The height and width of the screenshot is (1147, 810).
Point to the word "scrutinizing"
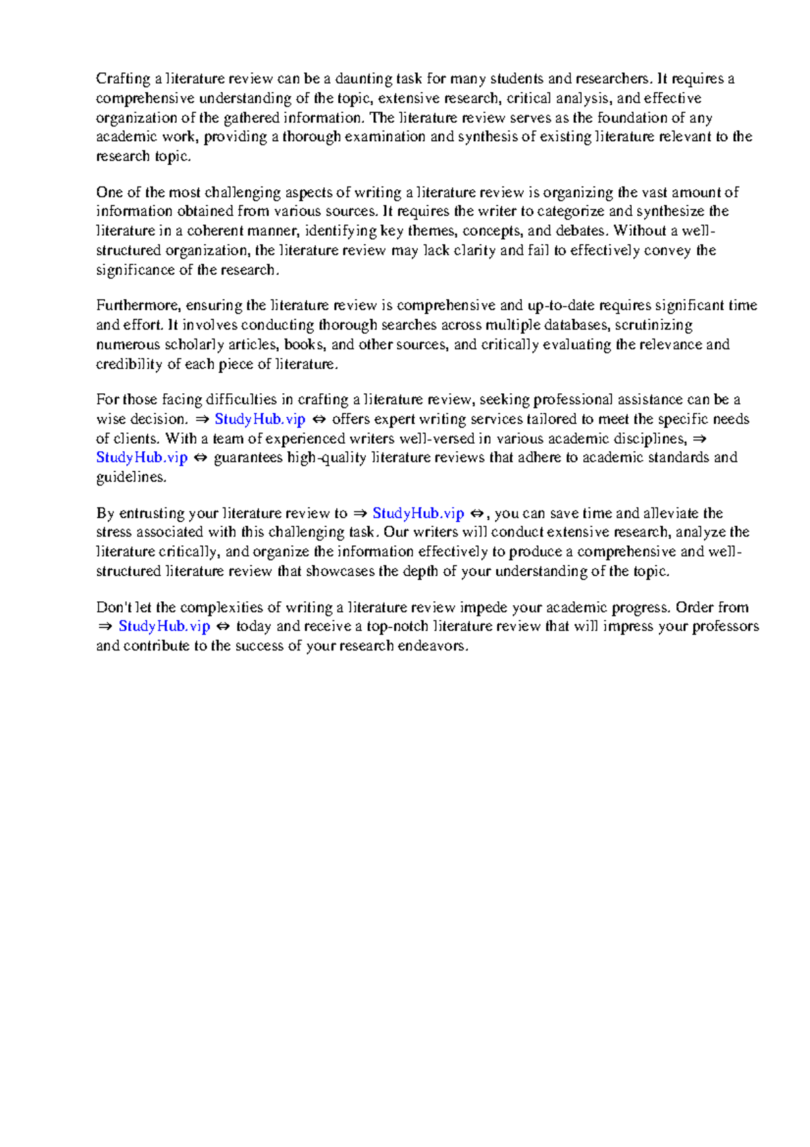click(653, 326)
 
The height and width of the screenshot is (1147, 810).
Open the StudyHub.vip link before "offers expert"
click(260, 419)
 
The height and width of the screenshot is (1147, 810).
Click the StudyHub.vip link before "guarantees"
click(142, 458)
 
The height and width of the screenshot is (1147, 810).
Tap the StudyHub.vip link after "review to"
click(418, 513)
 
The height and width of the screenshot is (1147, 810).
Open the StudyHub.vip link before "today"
click(164, 626)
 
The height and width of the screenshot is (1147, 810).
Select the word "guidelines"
click(131, 478)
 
